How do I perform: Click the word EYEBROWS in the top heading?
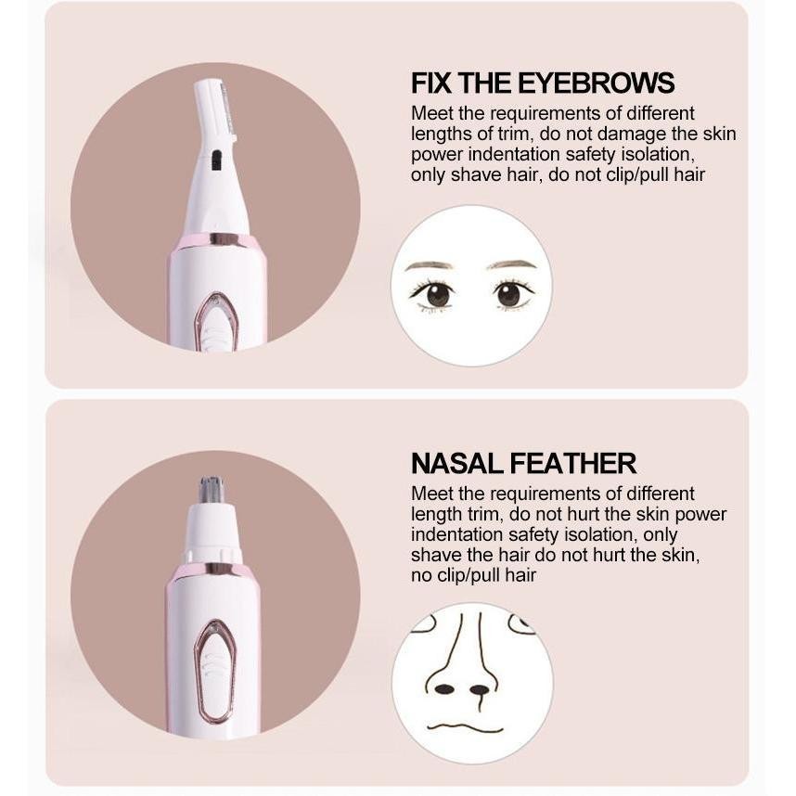[x=597, y=83]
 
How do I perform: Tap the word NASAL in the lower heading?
[x=457, y=463]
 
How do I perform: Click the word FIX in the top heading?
[x=431, y=83]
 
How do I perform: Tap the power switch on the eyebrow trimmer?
[x=215, y=323]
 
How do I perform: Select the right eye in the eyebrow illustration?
[x=509, y=293]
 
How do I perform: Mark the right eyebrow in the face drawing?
[x=512, y=264]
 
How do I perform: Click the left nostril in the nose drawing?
[x=444, y=689]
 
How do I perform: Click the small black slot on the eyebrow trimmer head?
[x=216, y=160]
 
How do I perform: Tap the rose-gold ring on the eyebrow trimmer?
[x=218, y=240]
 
